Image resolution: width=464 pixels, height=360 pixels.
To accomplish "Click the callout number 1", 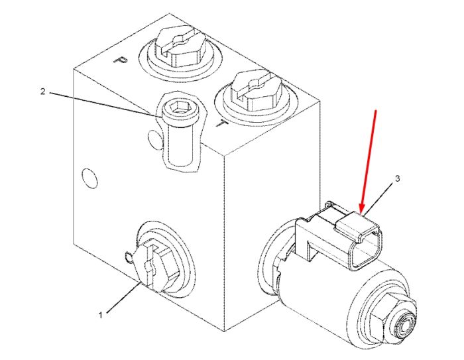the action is (101, 316).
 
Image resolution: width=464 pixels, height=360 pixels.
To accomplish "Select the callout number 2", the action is (43, 91).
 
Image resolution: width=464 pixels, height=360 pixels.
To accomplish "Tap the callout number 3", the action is (398, 178).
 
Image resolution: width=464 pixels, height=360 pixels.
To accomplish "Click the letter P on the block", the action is (121, 60).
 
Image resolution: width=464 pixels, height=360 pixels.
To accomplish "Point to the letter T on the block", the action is (221, 124).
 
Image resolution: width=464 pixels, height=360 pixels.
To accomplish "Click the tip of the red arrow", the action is (361, 212).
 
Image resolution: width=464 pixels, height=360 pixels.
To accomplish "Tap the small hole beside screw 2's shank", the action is (154, 139).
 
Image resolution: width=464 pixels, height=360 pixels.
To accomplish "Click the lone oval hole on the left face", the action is (89, 178).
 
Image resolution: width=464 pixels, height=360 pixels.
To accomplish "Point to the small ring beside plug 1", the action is (129, 257).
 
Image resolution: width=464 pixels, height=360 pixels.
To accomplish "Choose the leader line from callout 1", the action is (123, 297).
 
